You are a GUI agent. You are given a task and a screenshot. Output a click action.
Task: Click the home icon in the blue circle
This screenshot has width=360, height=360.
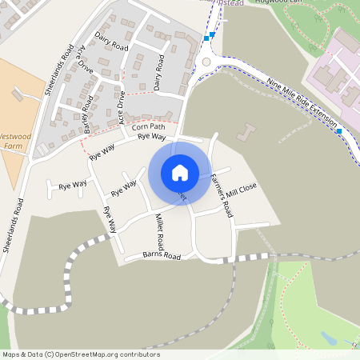179,172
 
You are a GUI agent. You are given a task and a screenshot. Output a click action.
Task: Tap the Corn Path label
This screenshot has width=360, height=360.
148,126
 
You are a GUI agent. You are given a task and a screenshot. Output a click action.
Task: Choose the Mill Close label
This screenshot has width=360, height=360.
242,190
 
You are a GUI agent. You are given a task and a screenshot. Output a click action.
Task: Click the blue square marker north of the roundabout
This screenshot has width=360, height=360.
206,38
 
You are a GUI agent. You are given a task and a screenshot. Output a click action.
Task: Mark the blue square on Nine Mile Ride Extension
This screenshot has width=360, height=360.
339,130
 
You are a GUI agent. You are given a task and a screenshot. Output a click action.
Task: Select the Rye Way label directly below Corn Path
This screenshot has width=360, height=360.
151,137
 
